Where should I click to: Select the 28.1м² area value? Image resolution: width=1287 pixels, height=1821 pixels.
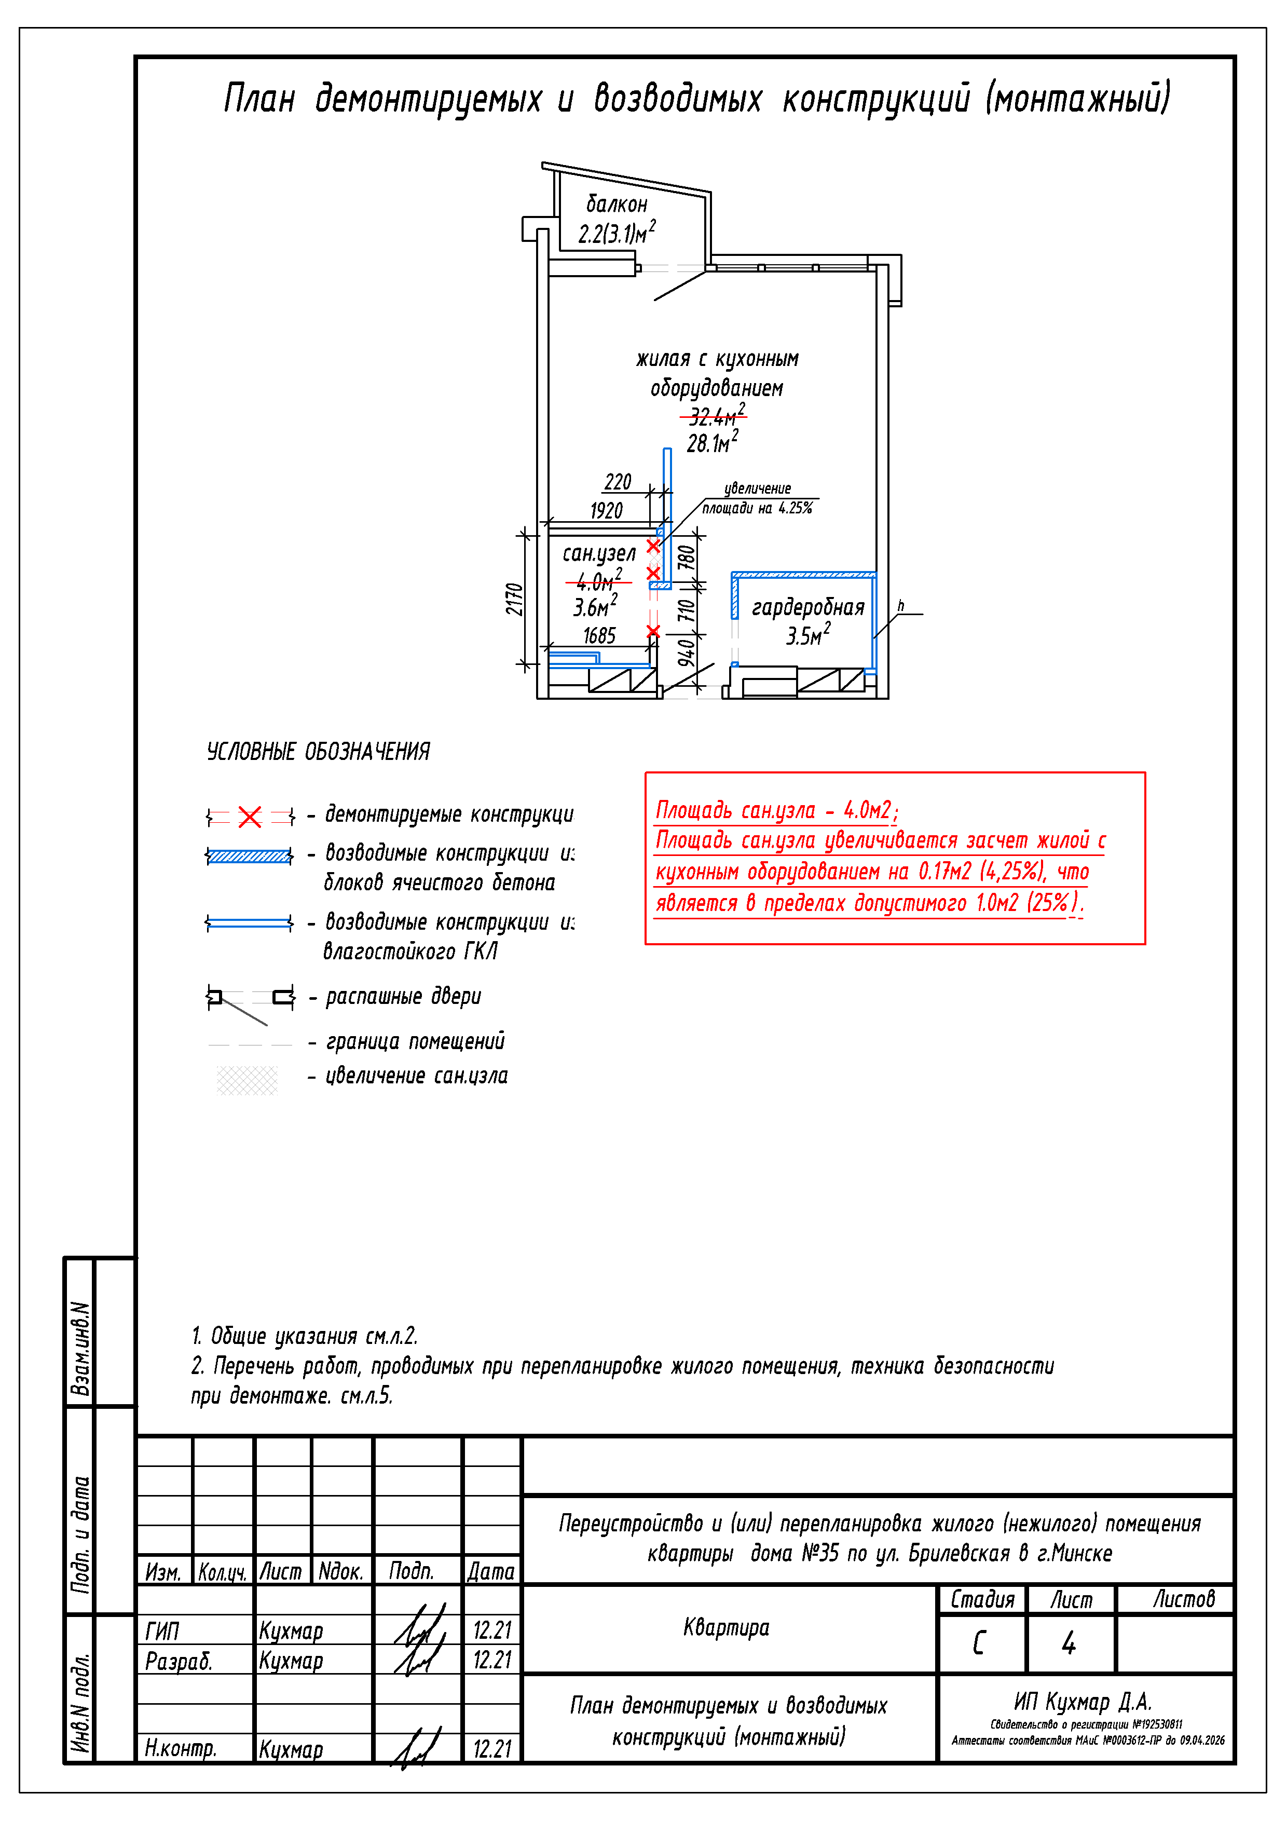click(712, 442)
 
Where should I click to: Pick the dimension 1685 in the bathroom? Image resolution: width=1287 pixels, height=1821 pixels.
click(599, 635)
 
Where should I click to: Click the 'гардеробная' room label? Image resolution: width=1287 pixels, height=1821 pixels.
click(807, 607)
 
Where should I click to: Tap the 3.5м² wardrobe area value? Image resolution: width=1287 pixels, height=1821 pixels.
click(807, 635)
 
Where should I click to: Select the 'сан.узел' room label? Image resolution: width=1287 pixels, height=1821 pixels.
click(599, 553)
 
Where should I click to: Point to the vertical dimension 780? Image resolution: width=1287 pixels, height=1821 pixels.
click(687, 557)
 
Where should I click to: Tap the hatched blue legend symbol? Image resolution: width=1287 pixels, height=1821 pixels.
click(249, 856)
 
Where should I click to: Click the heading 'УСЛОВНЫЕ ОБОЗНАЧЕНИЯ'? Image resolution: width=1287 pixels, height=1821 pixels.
click(318, 751)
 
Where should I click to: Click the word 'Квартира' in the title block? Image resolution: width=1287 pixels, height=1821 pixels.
click(727, 1627)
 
